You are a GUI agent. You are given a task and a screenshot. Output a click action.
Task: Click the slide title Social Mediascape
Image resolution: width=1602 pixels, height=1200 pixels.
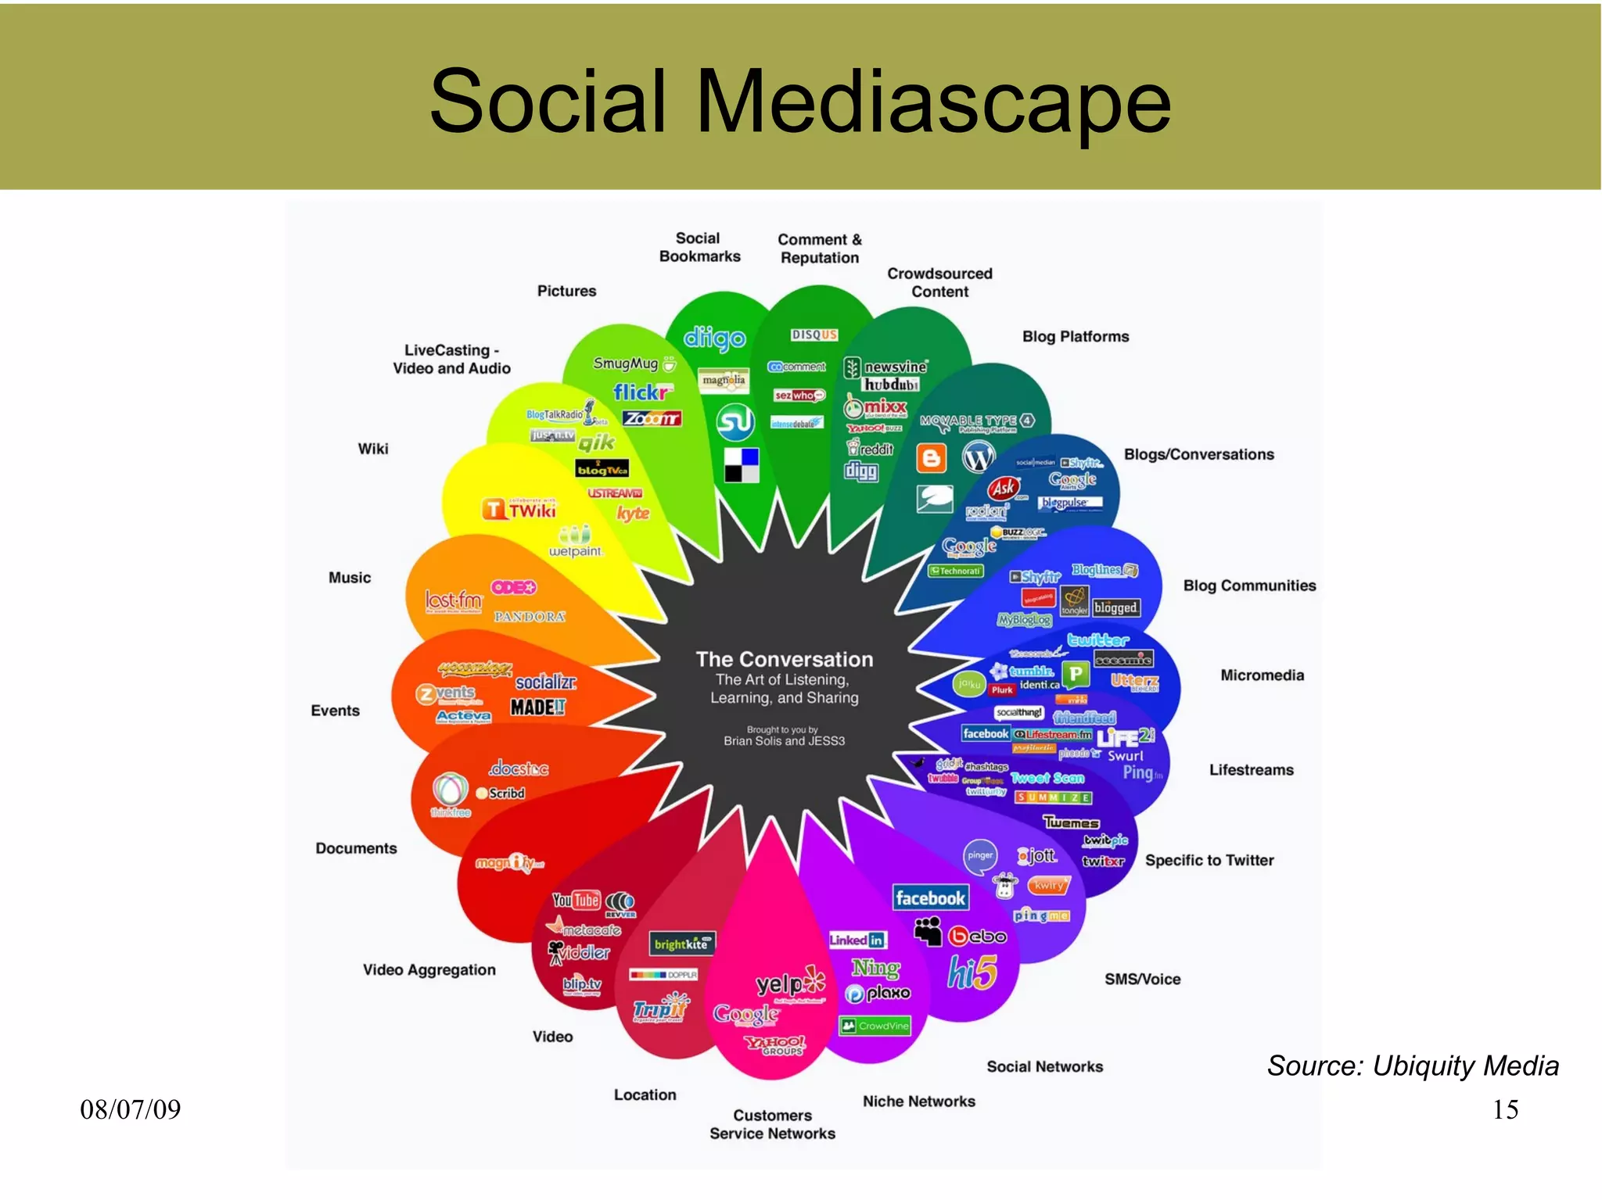click(x=800, y=102)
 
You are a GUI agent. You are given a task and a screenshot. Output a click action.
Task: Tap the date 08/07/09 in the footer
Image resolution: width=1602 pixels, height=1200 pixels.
click(x=130, y=1109)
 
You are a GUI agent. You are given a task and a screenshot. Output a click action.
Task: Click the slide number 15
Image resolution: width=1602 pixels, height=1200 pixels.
click(x=1505, y=1109)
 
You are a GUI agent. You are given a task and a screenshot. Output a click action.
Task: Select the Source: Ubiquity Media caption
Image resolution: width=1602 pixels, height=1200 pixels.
click(x=1413, y=1066)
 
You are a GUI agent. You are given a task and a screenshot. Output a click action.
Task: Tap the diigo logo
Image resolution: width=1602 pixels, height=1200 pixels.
click(x=714, y=339)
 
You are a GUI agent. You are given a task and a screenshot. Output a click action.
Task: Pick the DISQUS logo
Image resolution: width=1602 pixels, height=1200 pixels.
click(x=814, y=335)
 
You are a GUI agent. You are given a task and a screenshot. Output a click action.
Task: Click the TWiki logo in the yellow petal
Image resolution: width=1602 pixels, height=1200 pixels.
click(x=519, y=510)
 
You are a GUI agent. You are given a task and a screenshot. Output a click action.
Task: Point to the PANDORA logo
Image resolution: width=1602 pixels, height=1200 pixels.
click(x=530, y=617)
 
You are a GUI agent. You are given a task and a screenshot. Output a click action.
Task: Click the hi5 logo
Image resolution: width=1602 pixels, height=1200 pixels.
click(x=972, y=973)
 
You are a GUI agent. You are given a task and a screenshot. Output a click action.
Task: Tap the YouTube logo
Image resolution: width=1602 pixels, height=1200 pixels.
click(x=576, y=901)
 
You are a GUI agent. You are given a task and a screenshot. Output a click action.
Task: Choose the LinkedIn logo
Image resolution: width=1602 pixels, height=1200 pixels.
click(x=857, y=940)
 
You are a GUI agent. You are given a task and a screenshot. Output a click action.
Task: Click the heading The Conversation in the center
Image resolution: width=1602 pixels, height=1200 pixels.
click(x=785, y=659)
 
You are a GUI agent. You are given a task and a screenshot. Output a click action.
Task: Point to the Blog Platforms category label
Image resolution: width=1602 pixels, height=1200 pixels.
click(x=1076, y=336)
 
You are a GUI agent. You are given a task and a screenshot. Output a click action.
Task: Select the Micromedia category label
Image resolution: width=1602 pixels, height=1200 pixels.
click(x=1262, y=675)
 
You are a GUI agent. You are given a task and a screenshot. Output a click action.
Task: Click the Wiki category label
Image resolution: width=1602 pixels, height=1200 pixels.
click(x=373, y=449)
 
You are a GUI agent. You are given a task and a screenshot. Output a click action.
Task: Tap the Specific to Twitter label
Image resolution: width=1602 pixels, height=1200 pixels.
click(x=1209, y=860)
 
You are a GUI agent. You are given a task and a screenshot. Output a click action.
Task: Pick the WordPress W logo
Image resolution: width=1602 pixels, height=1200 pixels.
click(x=979, y=457)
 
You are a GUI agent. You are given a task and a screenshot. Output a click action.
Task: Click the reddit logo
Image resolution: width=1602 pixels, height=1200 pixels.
click(x=871, y=448)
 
